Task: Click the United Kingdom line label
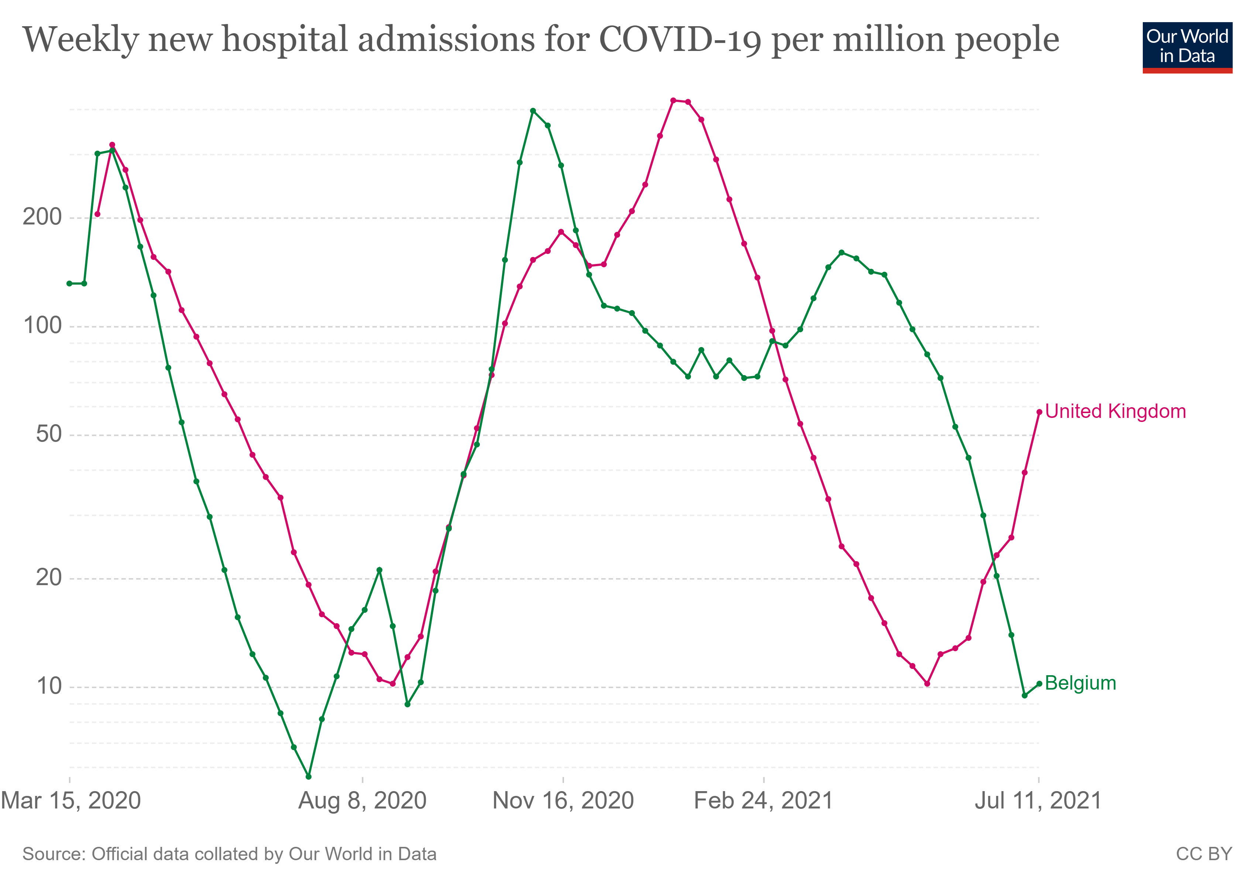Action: pos(1115,412)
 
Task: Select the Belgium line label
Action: pos(1080,683)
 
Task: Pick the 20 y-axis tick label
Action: pos(49,578)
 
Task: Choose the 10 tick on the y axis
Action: pos(49,687)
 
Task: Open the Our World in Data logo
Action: pos(1187,48)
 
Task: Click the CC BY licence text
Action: pos(1204,854)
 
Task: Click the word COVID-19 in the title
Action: pos(680,40)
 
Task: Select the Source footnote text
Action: pos(230,854)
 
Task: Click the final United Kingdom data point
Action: pos(1039,412)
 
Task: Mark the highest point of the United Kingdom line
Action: pos(673,100)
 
